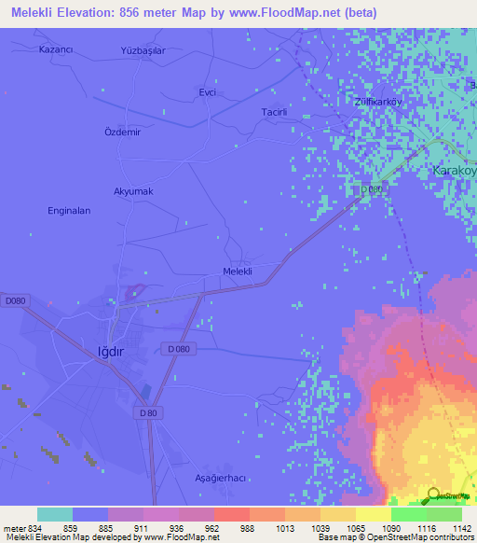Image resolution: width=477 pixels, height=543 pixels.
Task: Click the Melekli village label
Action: click(238, 271)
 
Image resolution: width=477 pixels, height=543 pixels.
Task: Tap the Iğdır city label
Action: click(111, 352)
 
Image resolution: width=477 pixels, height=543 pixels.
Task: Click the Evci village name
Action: click(208, 92)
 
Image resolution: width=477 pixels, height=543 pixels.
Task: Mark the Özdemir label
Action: click(121, 132)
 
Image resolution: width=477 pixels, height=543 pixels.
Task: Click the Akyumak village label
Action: click(132, 191)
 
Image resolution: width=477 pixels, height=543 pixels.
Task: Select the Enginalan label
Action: click(69, 211)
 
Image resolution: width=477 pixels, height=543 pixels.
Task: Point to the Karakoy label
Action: click(455, 171)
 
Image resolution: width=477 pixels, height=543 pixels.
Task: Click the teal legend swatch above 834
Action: click(55, 514)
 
